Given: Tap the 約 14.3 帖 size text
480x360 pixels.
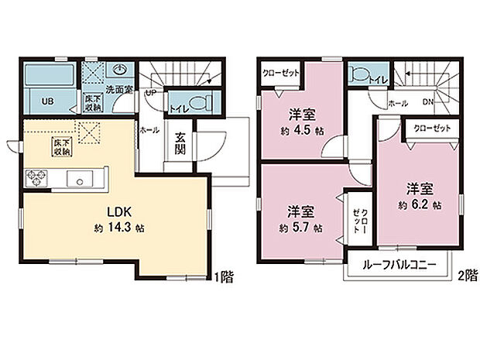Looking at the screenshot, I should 118,228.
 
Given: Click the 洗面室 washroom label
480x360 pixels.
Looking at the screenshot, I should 119,89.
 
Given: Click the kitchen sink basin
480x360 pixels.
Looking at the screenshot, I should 79,180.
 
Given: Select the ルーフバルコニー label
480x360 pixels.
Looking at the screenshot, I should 399,265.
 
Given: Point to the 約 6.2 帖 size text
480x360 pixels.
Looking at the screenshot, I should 421,205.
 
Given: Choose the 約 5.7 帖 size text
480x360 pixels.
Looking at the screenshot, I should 302,228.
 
